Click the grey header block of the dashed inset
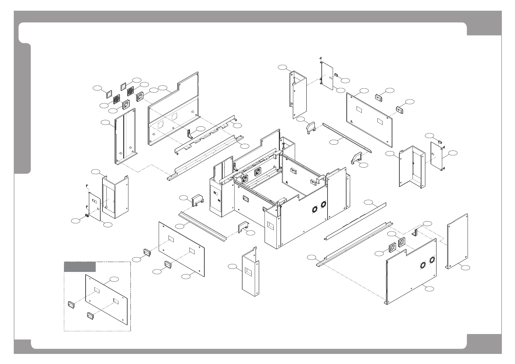80,267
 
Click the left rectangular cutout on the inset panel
97,290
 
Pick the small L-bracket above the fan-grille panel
415,232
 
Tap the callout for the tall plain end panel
465,268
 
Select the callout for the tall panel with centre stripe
106,123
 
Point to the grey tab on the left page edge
23,109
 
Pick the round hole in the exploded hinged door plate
95,202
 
